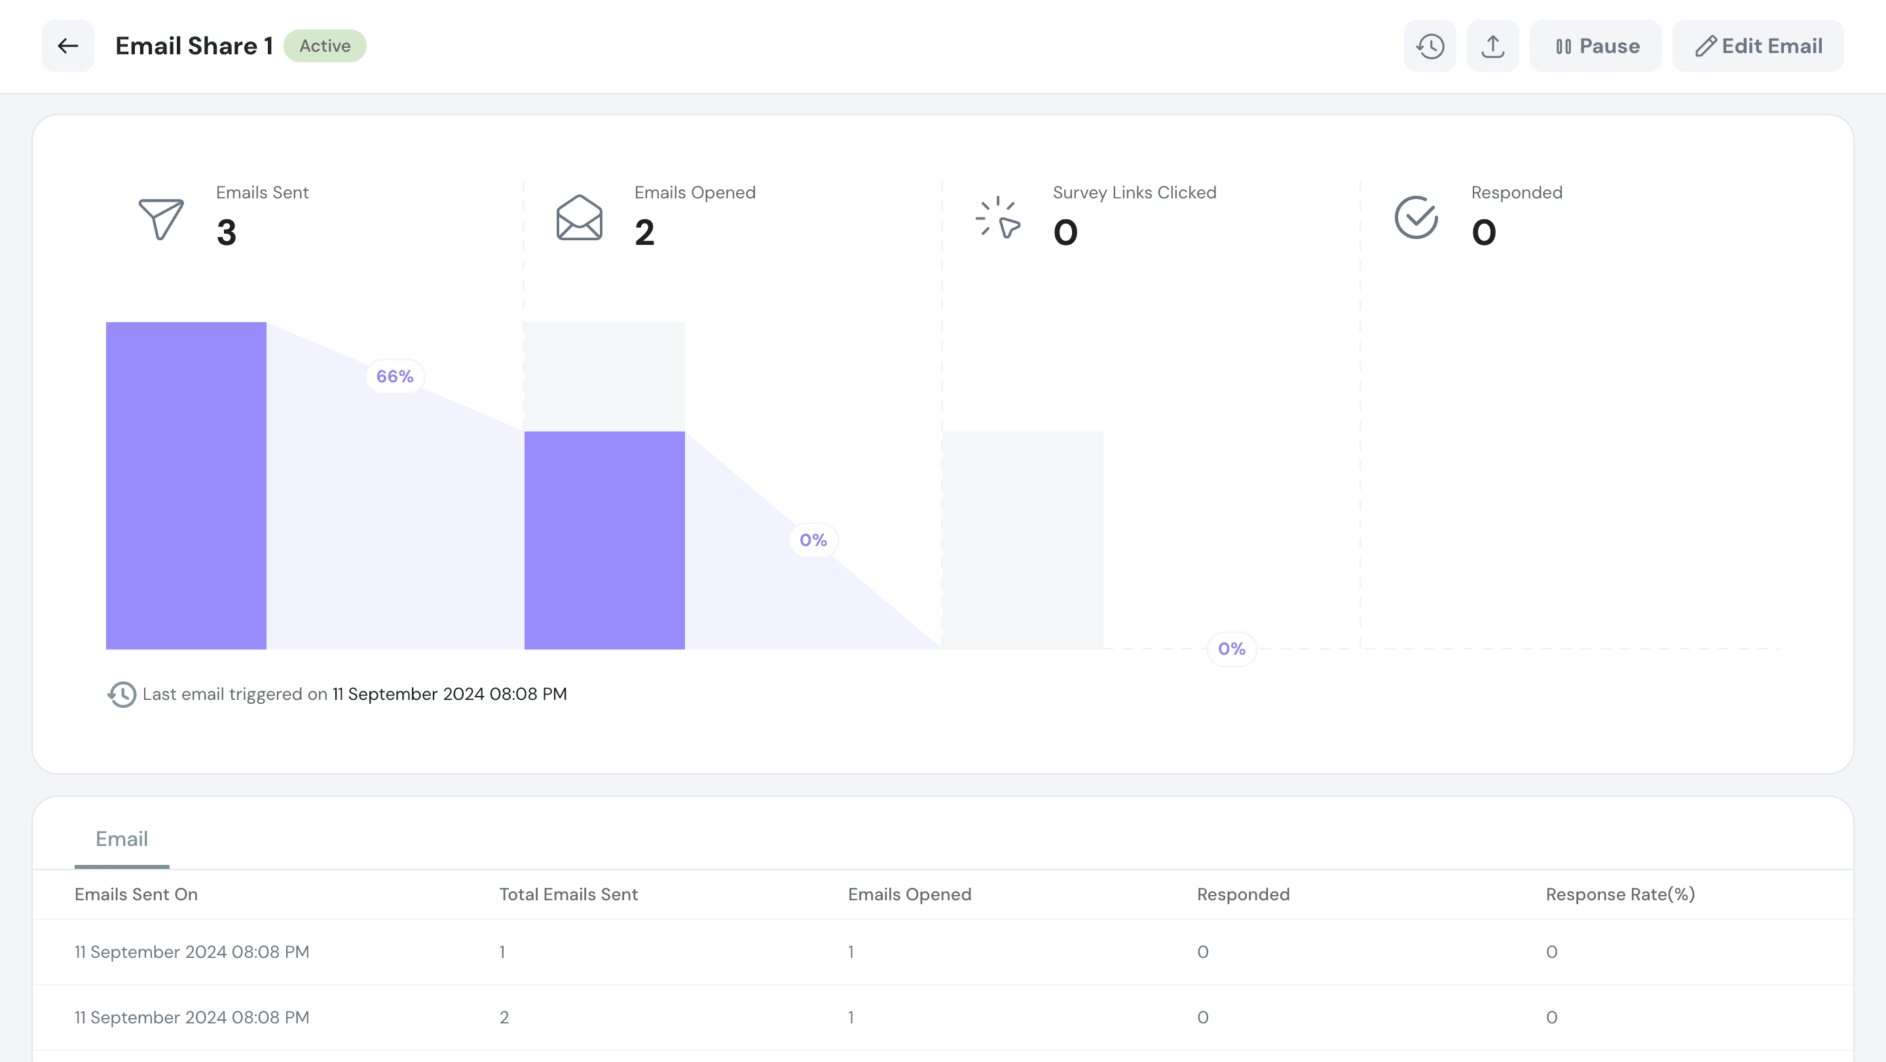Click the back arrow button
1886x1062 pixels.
click(x=68, y=46)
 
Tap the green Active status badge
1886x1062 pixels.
click(x=324, y=46)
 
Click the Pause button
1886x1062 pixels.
click(x=1595, y=46)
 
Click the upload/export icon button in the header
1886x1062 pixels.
click(x=1492, y=46)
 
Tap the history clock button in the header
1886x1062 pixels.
click(x=1429, y=46)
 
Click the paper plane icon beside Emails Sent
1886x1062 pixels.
click(x=161, y=218)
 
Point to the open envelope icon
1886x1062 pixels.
click(x=579, y=218)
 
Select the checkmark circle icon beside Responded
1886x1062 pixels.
click(x=1416, y=218)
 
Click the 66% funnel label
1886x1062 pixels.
click(x=395, y=376)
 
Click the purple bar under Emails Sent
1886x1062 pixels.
click(x=186, y=485)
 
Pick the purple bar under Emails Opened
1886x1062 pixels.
click(x=604, y=540)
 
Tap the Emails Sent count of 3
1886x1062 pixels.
click(x=226, y=232)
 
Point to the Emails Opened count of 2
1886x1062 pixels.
click(x=644, y=232)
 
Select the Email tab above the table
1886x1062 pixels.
click(x=122, y=839)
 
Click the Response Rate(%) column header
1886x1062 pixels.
click(x=1619, y=894)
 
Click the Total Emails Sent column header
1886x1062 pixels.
click(x=568, y=894)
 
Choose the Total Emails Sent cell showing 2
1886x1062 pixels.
click(x=504, y=1017)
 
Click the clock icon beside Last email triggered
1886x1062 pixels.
click(x=122, y=695)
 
